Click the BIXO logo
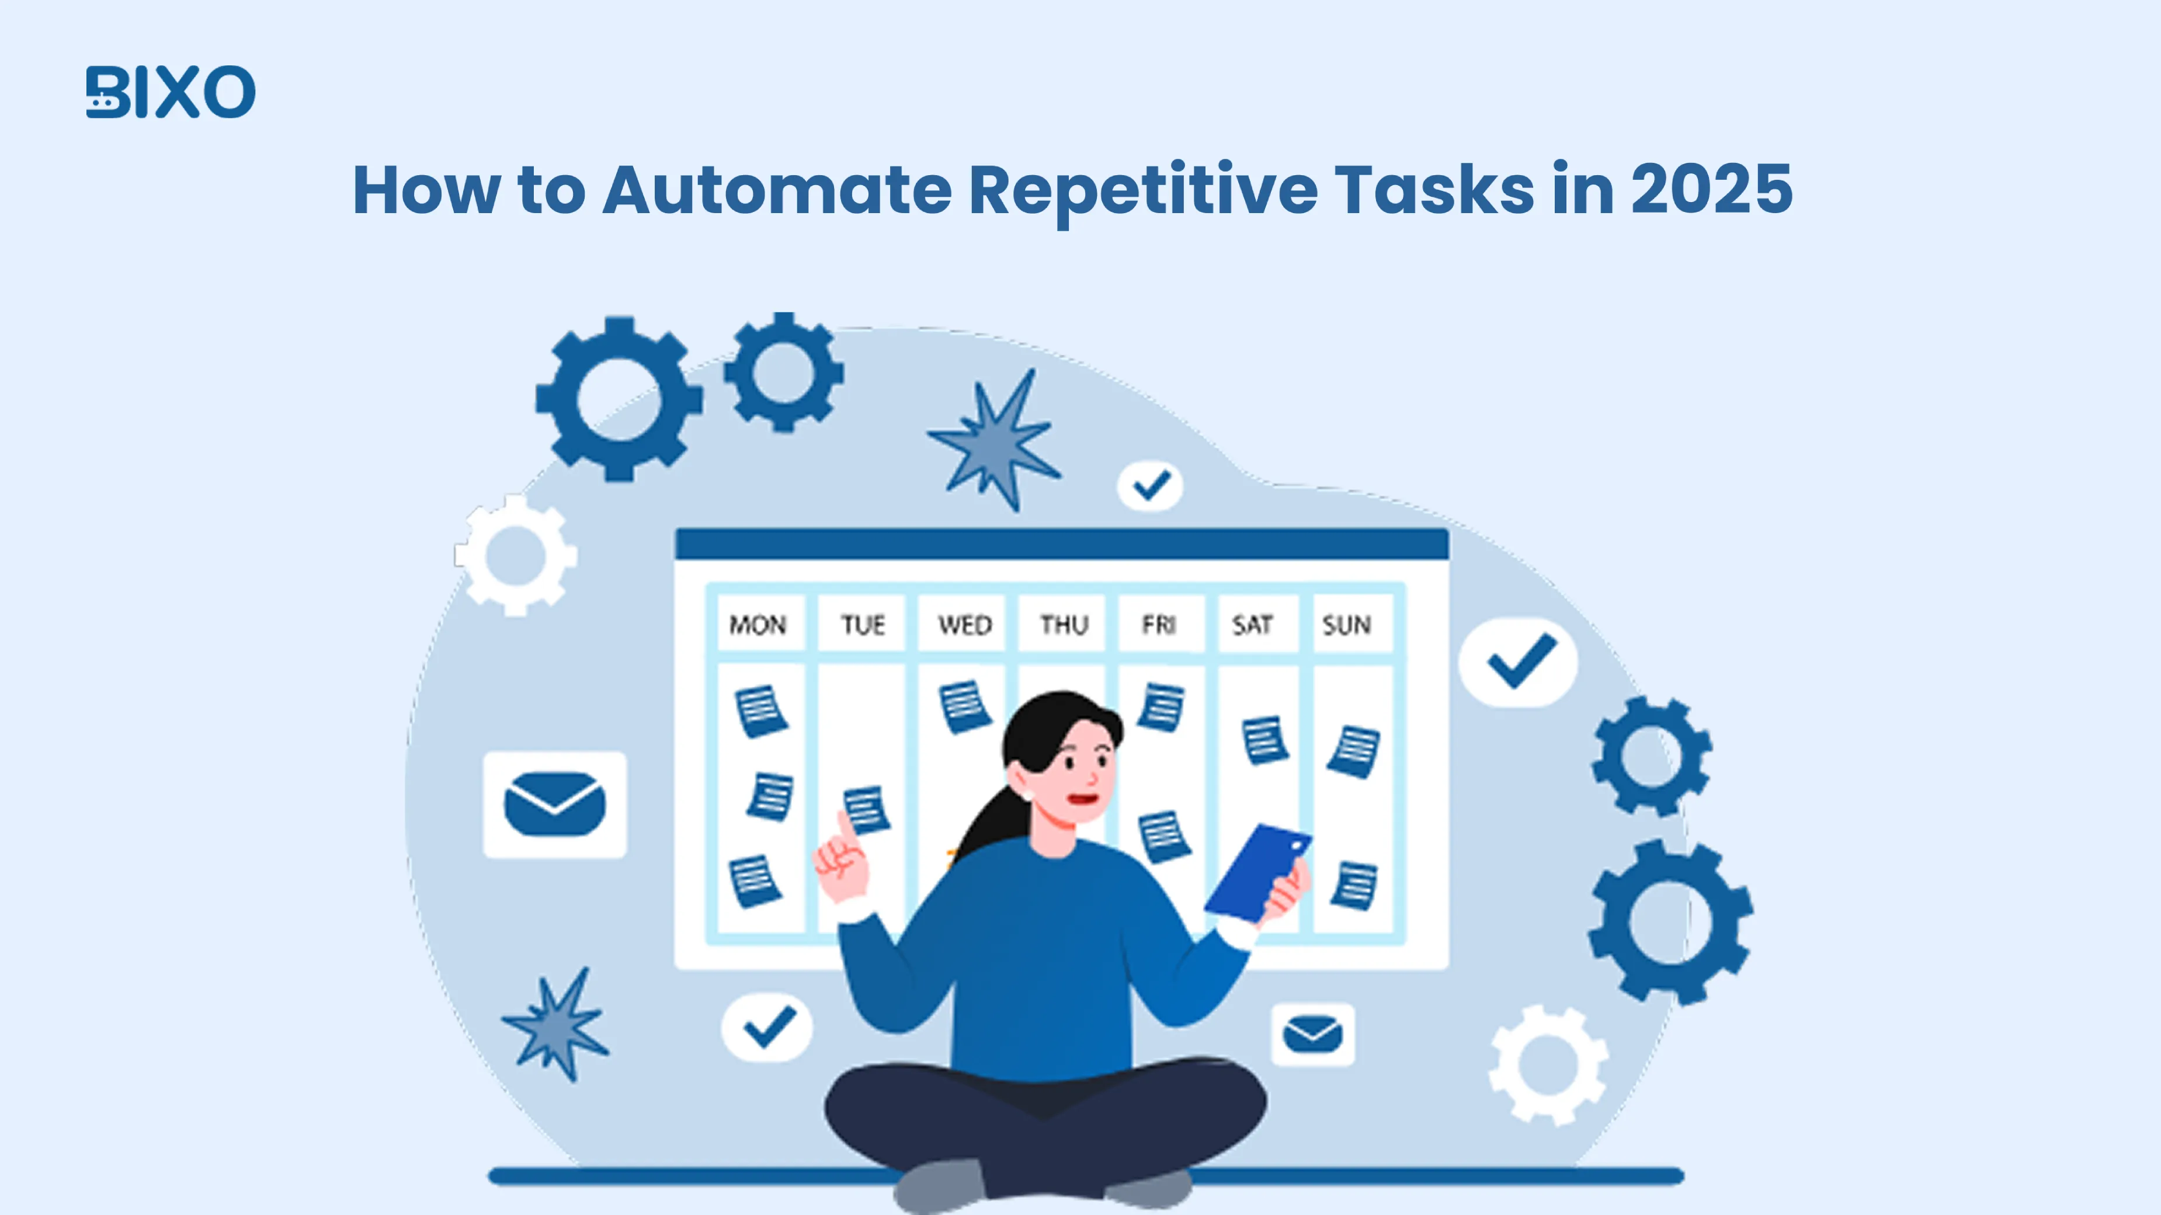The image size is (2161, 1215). [171, 92]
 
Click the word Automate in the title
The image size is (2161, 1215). [777, 190]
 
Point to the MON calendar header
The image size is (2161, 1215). [758, 625]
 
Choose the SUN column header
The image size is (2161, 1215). [1346, 625]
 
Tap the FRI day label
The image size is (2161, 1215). [1159, 625]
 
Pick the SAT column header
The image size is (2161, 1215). [1252, 625]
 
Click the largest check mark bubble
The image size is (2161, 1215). [1519, 662]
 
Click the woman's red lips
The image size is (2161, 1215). [1083, 798]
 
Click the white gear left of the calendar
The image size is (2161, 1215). [516, 555]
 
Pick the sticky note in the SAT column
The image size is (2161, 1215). [1264, 740]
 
